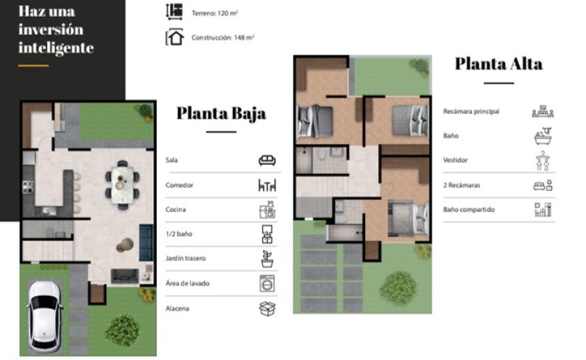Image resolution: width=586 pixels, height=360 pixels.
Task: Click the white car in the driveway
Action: point(44,316)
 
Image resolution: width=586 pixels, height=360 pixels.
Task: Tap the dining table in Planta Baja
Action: point(122,184)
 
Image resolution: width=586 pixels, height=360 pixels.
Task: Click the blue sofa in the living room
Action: point(146,243)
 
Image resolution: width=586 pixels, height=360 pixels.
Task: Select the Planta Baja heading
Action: point(221,113)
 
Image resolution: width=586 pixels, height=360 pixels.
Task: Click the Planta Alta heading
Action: point(499,63)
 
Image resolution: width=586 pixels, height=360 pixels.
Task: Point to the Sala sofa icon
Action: point(267,160)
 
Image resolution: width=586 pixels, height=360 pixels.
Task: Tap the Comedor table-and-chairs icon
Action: point(267,185)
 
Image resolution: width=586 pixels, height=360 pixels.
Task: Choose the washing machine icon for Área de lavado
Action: point(267,284)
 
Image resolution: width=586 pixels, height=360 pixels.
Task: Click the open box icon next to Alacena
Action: point(267,309)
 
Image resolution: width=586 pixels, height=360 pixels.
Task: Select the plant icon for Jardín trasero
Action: point(267,258)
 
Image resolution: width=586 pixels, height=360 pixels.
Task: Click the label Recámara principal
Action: point(472,111)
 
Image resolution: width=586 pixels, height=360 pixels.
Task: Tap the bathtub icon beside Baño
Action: point(543,136)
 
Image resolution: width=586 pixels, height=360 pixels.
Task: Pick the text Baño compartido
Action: point(469,210)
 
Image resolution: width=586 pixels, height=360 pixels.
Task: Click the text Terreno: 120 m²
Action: point(215,13)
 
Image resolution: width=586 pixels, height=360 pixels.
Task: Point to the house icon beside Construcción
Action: point(174,37)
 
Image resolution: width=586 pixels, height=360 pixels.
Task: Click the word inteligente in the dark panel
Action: point(56,48)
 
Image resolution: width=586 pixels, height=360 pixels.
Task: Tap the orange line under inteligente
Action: point(33,65)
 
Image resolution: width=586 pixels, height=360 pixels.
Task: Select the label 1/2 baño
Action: point(179,234)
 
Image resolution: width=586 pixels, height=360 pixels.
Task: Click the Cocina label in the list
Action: point(176,209)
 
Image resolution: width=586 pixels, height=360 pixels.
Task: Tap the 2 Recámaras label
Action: point(461,185)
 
